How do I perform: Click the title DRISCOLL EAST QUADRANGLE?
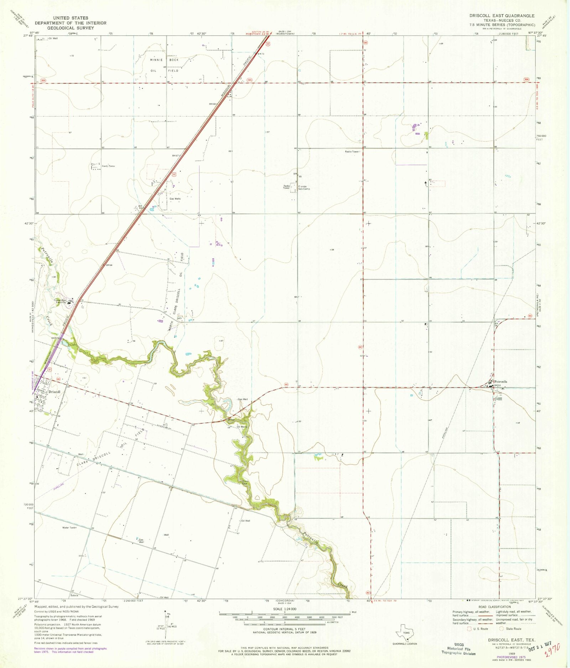tap(502, 16)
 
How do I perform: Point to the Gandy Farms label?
tap(108, 166)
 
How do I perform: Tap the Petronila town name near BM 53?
tap(501, 382)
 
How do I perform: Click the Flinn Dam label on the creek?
tap(245, 483)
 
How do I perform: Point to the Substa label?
tap(74, 596)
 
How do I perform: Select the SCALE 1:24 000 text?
tap(285, 609)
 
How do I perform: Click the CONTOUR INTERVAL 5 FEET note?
tap(285, 629)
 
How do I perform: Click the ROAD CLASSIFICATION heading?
tap(494, 607)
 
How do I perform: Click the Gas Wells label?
tap(175, 199)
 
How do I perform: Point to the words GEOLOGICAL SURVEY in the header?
tap(71, 28)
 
